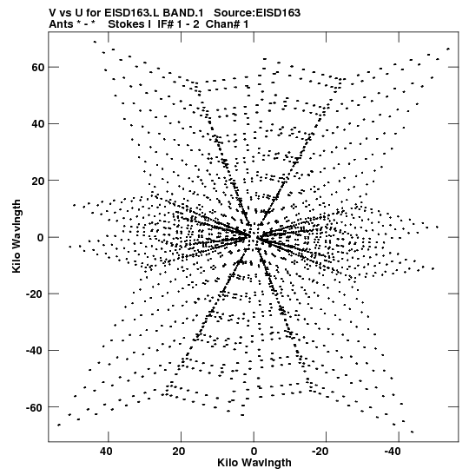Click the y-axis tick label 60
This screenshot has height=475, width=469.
[x=38, y=67]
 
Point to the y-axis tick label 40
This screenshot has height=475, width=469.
[x=38, y=124]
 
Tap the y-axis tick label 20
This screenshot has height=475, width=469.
[x=38, y=181]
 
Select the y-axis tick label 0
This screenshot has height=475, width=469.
[x=41, y=237]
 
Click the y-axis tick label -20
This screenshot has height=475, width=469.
[x=36, y=294]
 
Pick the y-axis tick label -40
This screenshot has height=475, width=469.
[x=36, y=351]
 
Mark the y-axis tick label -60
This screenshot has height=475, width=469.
[x=36, y=407]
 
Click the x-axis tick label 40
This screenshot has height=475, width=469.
[x=106, y=452]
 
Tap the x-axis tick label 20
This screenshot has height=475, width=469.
[x=179, y=452]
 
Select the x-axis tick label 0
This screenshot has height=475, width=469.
[x=254, y=452]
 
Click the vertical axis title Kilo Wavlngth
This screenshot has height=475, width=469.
[x=17, y=236]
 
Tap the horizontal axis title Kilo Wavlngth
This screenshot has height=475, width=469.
[x=254, y=463]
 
